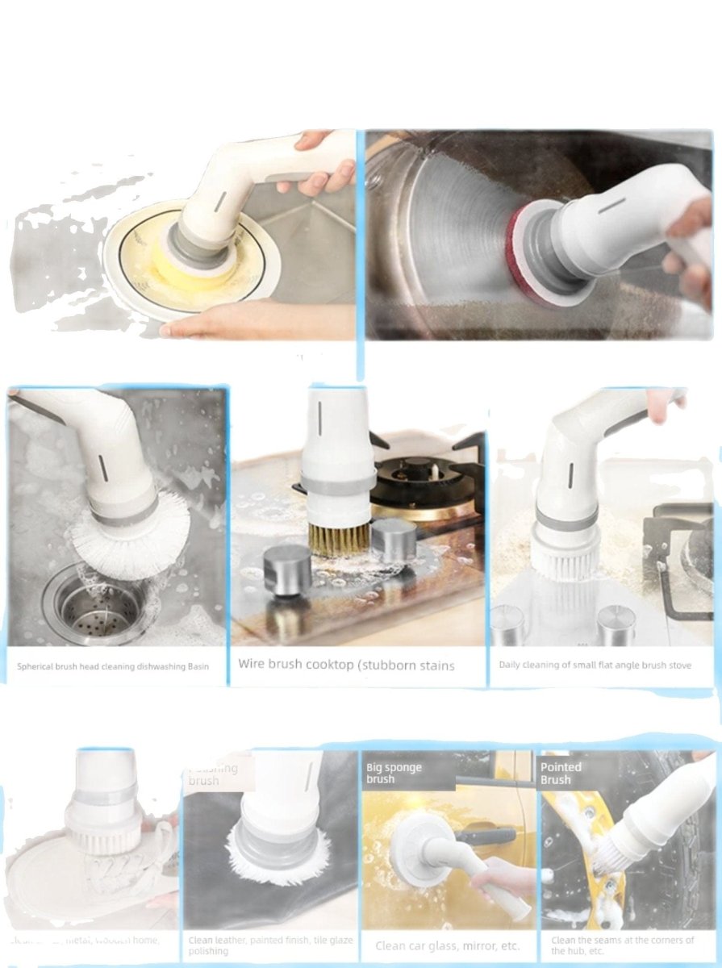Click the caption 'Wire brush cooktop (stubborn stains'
click(x=346, y=665)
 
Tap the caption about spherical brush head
click(x=113, y=667)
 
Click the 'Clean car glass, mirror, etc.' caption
click(x=448, y=945)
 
